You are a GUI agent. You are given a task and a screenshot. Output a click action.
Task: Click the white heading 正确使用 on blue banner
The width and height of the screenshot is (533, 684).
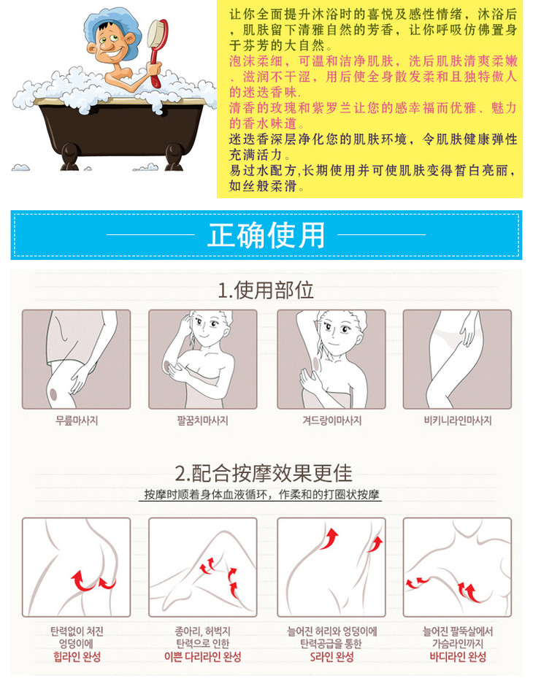pyautogui.click(x=266, y=234)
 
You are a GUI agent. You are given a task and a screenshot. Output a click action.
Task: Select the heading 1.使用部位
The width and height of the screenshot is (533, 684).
pyautogui.click(x=266, y=290)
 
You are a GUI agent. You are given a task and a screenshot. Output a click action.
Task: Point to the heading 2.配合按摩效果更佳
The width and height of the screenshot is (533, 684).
pyautogui.click(x=264, y=473)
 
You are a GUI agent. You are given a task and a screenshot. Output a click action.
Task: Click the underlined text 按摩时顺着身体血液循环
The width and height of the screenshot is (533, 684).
pyautogui.click(x=209, y=495)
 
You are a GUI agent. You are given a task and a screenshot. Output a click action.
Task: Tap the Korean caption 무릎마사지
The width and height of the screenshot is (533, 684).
pyautogui.click(x=77, y=420)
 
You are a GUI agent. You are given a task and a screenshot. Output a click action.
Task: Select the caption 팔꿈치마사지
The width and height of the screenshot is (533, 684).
pyautogui.click(x=202, y=420)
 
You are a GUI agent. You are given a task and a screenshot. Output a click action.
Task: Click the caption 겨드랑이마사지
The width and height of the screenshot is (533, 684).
pyautogui.click(x=332, y=420)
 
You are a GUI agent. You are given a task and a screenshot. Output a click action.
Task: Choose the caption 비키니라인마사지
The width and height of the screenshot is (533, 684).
pyautogui.click(x=458, y=420)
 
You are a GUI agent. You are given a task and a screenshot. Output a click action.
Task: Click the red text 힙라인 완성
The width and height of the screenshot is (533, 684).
pyautogui.click(x=77, y=656)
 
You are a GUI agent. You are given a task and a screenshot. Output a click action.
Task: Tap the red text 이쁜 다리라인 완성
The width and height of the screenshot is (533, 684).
pyautogui.click(x=202, y=656)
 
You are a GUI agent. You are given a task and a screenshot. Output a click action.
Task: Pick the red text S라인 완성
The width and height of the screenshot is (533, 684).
pyautogui.click(x=331, y=656)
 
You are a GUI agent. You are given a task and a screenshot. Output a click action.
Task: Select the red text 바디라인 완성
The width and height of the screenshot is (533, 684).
pyautogui.click(x=458, y=656)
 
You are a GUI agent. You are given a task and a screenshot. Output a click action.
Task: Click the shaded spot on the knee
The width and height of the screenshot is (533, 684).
pyautogui.click(x=53, y=395)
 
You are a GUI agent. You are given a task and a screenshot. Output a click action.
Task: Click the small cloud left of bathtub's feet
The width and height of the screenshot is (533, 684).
pyautogui.click(x=20, y=167)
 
